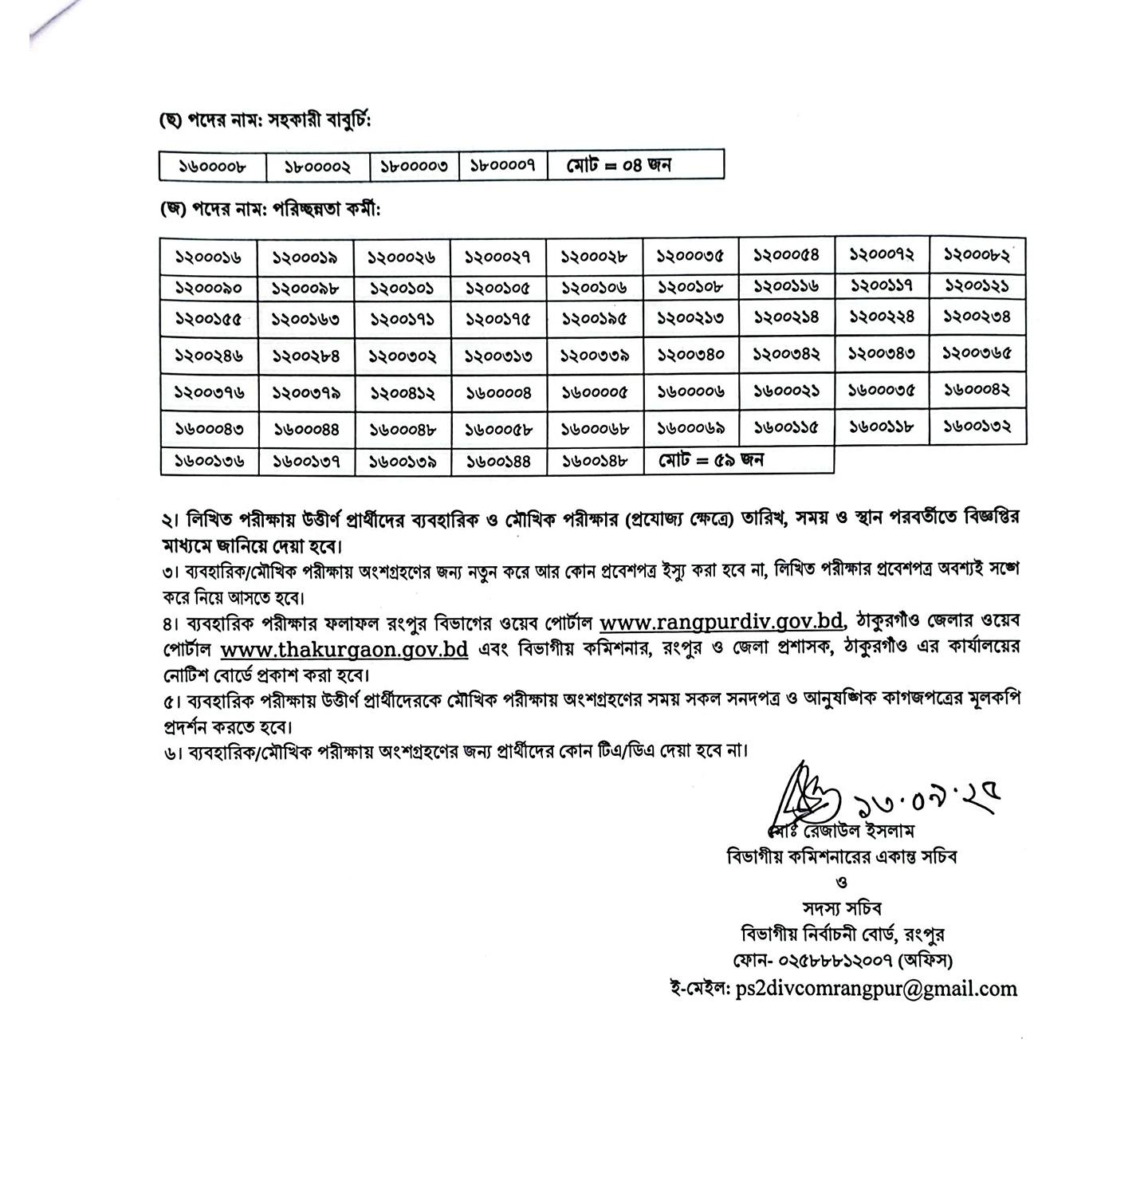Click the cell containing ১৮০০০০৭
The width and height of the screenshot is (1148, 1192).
503,165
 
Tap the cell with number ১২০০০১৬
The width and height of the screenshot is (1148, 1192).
209,257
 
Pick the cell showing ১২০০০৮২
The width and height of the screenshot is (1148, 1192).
977,255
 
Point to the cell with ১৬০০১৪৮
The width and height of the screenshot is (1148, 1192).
595,460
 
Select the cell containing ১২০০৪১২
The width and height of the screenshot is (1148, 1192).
403,392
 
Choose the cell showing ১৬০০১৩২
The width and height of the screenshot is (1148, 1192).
977,427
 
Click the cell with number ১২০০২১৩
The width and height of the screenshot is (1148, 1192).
690,318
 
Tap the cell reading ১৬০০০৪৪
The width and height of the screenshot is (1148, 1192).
306,429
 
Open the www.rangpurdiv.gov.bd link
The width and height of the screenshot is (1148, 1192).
721,620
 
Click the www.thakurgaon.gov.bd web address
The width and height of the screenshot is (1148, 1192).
344,648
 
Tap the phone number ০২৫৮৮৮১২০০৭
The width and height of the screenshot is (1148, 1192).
833,960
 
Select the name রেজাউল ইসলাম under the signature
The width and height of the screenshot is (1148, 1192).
858,831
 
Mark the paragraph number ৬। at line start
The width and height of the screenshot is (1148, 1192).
171,752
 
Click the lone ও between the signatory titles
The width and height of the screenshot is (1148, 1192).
842,883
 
